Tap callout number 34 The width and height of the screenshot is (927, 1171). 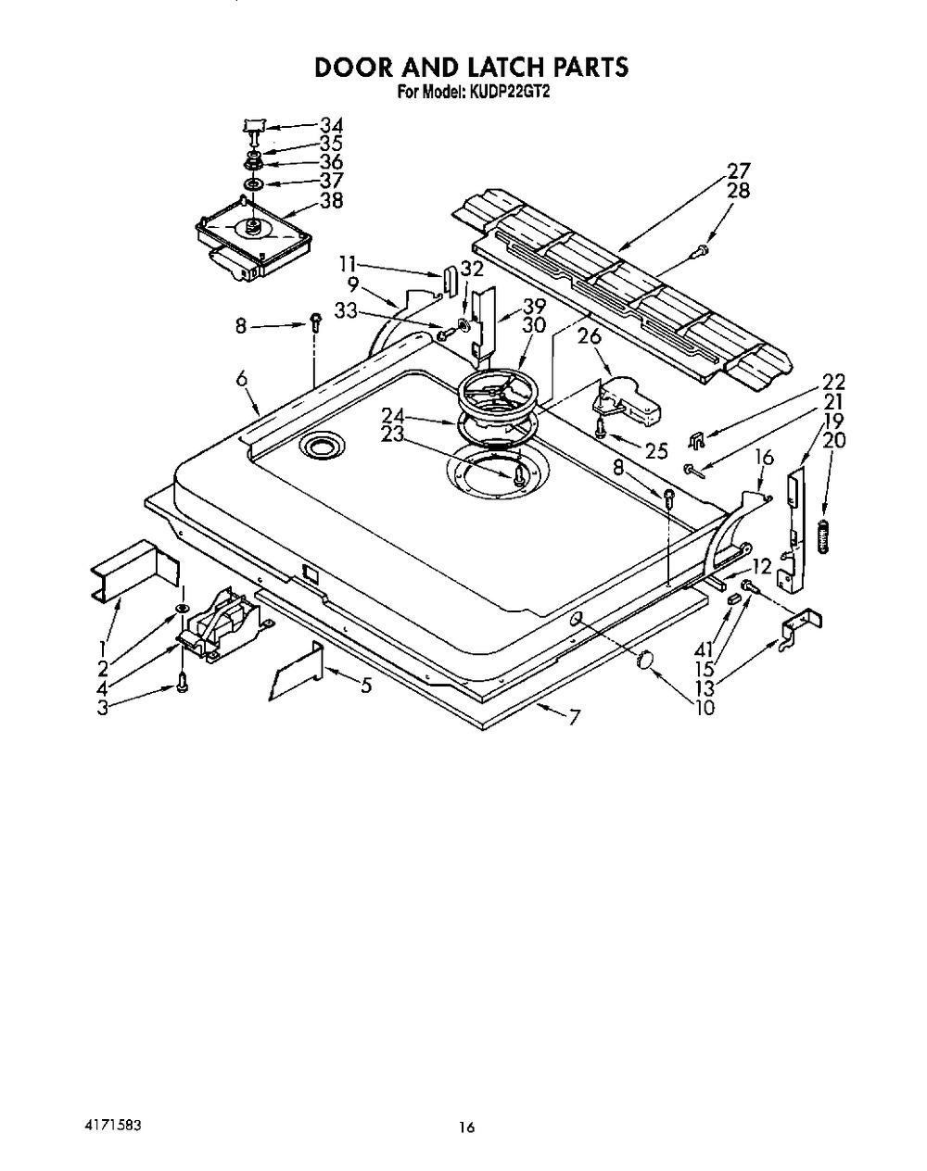click(x=331, y=125)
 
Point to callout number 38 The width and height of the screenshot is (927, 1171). click(x=331, y=199)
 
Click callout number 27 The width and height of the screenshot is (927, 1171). click(x=739, y=170)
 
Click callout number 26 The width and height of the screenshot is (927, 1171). click(x=590, y=336)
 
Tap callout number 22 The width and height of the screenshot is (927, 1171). click(x=807, y=382)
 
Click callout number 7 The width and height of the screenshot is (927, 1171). click(x=575, y=718)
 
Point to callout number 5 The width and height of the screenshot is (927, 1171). click(x=366, y=686)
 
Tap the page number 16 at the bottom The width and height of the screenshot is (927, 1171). click(x=466, y=1128)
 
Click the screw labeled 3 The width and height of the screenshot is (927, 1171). click(x=183, y=686)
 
